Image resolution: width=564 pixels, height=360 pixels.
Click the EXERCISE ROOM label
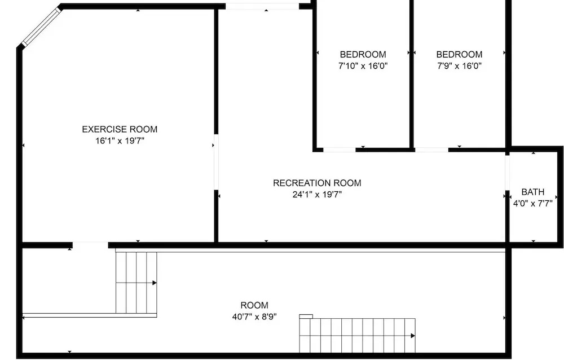[x=120, y=129]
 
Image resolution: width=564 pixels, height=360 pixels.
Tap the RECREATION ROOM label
[x=317, y=183]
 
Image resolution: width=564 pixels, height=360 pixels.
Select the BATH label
[x=533, y=192]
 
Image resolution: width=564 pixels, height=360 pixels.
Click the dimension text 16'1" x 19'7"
[x=120, y=141]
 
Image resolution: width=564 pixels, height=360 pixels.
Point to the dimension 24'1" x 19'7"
[x=317, y=195]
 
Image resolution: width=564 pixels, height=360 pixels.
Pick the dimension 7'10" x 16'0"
[x=363, y=66]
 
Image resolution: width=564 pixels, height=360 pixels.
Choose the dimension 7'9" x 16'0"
[x=459, y=66]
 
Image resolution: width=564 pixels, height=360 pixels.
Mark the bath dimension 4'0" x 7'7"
[x=533, y=203]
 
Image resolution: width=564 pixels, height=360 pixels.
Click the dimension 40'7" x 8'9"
[x=254, y=317]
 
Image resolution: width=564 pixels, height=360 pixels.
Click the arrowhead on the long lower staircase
[x=413, y=336]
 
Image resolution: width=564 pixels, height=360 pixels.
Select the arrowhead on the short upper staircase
[x=155, y=283]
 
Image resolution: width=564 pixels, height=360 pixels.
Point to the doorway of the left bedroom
[x=340, y=150]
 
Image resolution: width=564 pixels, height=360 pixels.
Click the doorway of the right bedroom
[x=431, y=150]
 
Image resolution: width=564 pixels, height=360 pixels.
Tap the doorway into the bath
[x=507, y=173]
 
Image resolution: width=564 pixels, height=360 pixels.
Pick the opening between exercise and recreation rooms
[x=216, y=162]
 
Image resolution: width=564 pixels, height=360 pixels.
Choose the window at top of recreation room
[x=262, y=6]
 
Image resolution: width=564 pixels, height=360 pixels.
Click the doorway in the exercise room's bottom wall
[x=90, y=245]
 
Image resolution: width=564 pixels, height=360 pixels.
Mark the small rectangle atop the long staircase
[x=306, y=317]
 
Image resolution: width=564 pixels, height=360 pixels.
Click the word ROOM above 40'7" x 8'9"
[x=254, y=305]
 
